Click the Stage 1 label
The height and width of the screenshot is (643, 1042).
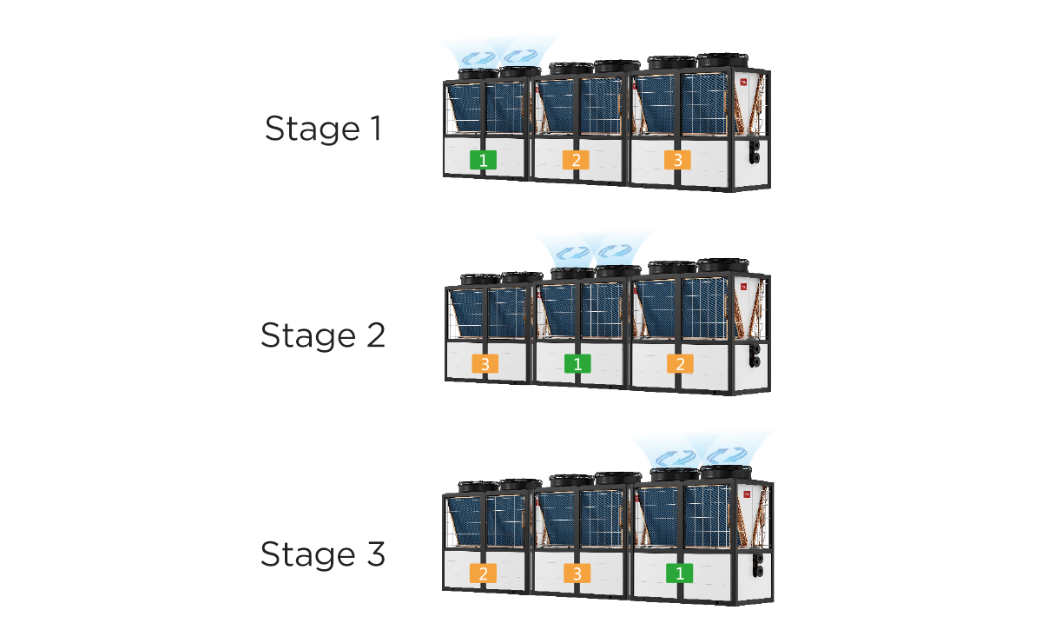tap(324, 129)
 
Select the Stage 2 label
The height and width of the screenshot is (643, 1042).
tap(323, 335)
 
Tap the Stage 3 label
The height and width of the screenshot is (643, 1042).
tap(323, 554)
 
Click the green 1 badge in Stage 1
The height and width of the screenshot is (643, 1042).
tap(484, 160)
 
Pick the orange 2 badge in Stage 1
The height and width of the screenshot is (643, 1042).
tap(576, 160)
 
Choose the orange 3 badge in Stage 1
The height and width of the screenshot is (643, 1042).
tap(678, 160)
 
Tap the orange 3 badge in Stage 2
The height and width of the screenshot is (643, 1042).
tap(485, 363)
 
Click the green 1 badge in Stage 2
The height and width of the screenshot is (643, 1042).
tap(577, 363)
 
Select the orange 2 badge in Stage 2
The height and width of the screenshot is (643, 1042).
tap(680, 363)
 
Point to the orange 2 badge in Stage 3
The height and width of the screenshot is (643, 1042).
tap(484, 573)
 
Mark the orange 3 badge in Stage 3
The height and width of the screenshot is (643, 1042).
tap(577, 573)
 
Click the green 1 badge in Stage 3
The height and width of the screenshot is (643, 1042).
tap(680, 573)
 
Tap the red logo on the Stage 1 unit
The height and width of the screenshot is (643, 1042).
tap(743, 82)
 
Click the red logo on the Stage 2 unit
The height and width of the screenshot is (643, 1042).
tap(744, 287)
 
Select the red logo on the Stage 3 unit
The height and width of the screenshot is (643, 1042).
tap(747, 494)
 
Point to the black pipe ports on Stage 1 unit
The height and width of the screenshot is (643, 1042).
tap(755, 151)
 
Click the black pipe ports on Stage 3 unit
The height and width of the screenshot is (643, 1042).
tap(758, 565)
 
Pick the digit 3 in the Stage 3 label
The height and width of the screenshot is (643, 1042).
tap(376, 554)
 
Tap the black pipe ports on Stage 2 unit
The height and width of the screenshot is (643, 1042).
tap(755, 355)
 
